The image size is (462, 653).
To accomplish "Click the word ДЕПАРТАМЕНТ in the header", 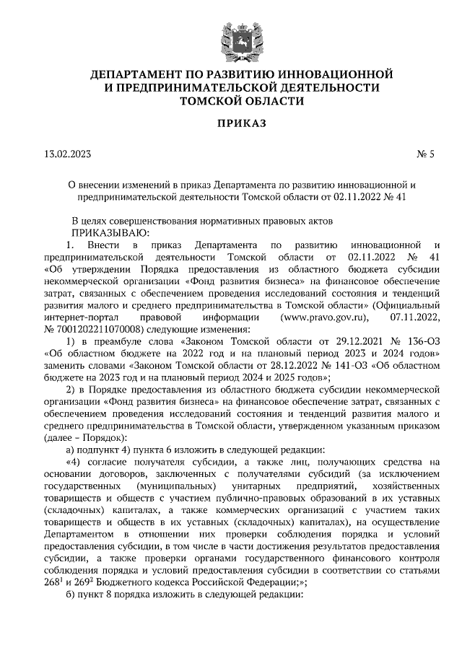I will pyautogui.click(x=136, y=74).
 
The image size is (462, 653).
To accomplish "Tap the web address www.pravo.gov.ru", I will pyautogui.click(x=324, y=318).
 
